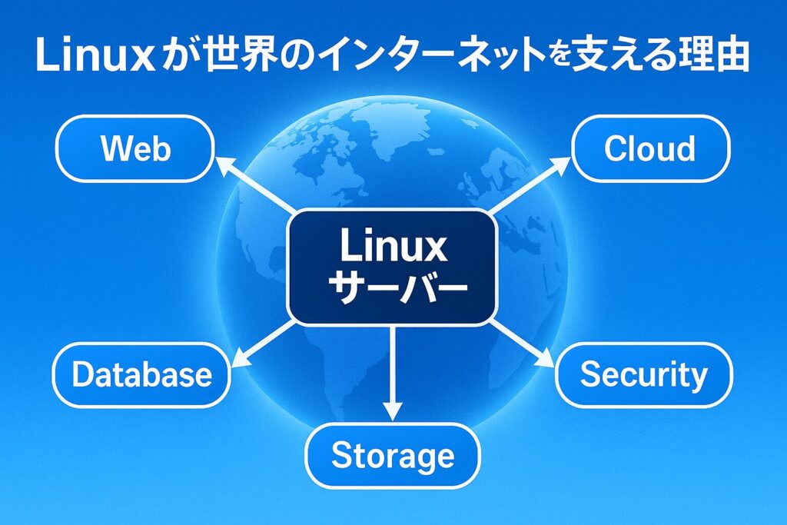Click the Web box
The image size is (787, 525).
tap(135, 148)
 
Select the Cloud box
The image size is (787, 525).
tap(650, 148)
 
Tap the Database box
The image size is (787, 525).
tap(141, 374)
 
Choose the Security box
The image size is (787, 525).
tap(644, 374)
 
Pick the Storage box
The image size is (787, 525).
tap(393, 457)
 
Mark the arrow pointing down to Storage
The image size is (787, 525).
tap(393, 373)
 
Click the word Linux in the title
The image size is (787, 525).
tap(90, 58)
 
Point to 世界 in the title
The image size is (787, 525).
tap(228, 58)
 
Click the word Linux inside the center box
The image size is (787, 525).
tap(393, 247)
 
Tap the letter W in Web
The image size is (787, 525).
tap(114, 148)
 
